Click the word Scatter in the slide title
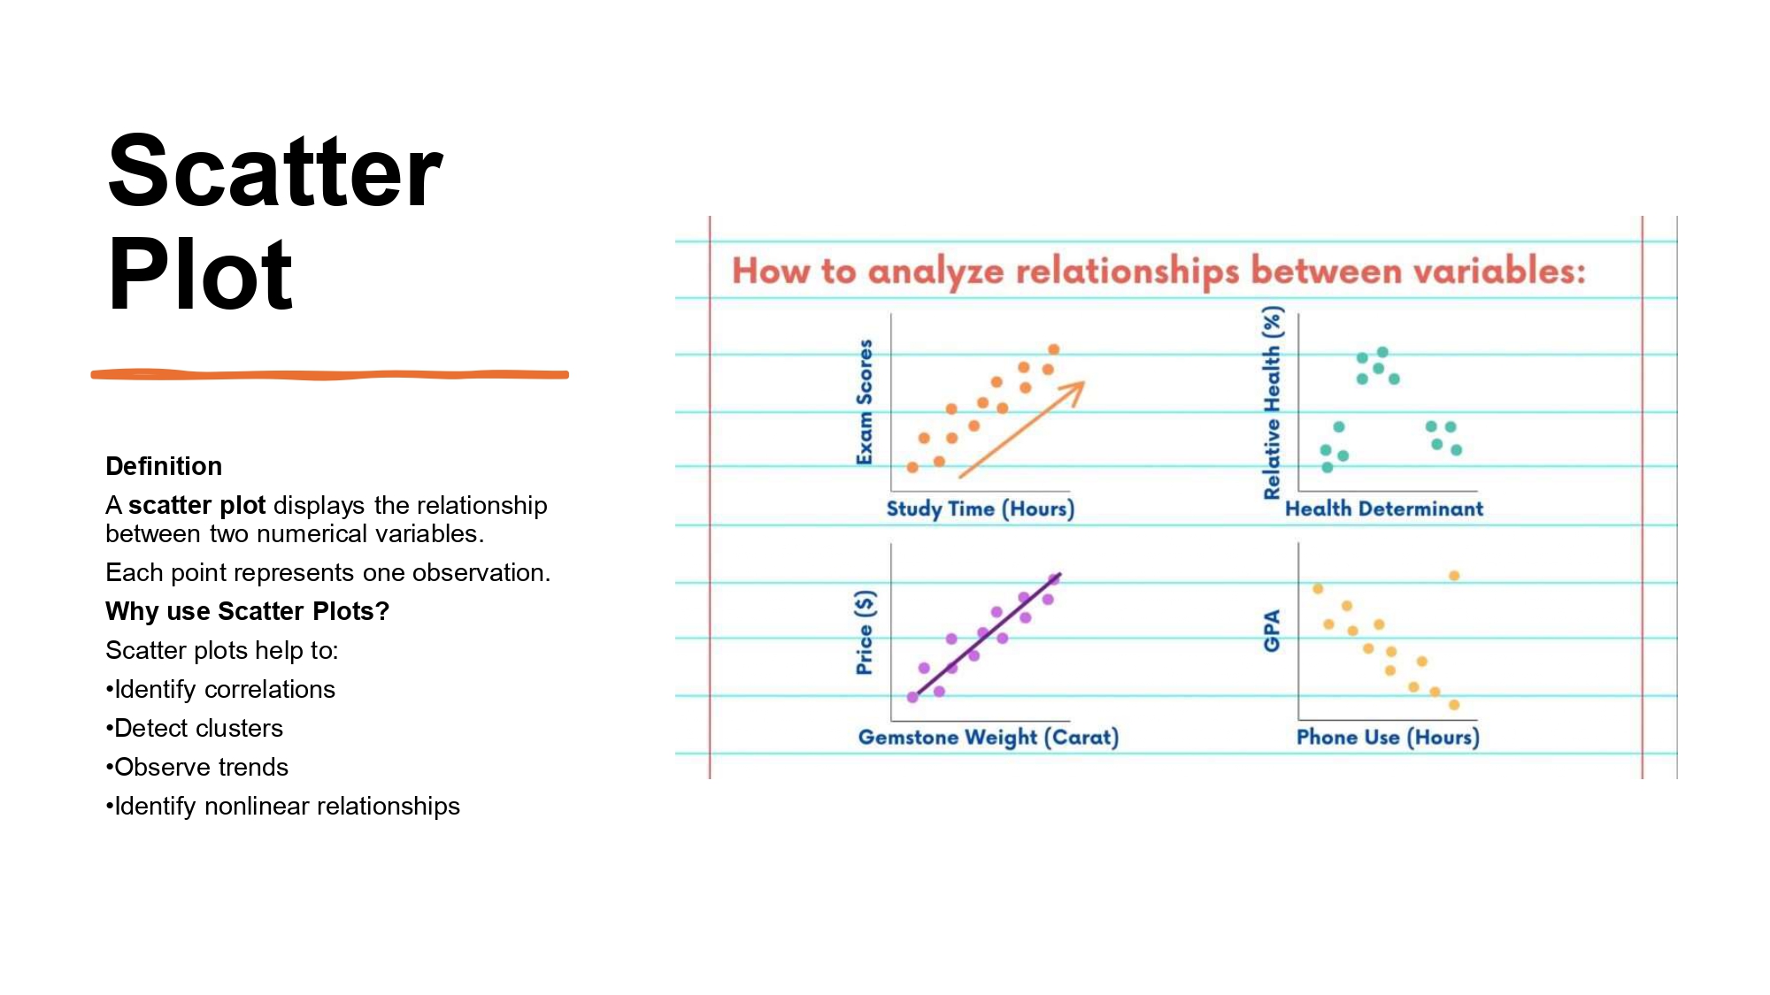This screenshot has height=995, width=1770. pos(274,172)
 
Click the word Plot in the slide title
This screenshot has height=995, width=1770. pos(200,276)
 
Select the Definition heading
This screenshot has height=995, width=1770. pos(164,466)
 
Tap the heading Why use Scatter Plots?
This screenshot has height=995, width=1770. pos(247,611)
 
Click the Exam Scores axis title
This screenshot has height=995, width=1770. pos(865,402)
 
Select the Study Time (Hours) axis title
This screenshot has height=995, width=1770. pos(981,509)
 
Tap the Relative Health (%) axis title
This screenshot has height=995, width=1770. pos(1272,402)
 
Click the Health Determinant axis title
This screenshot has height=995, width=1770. pos(1384,509)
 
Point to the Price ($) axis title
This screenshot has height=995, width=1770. pos(865,632)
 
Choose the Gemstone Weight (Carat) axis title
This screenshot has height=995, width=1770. pos(989,737)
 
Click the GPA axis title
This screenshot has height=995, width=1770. pos(1272,631)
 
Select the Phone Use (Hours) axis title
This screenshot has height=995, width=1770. pos(1388,737)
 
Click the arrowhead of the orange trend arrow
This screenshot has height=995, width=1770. pos(1076,389)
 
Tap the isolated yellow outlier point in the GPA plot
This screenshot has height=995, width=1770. pos(1454,576)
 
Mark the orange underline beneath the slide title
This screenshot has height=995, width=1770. pos(329,375)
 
